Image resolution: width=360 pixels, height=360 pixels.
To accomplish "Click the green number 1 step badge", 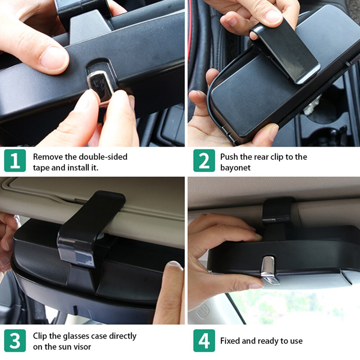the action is (x=15, y=161).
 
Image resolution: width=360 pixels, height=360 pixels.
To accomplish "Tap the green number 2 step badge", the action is (x=204, y=161).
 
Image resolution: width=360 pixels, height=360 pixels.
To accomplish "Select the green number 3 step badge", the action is (x=15, y=341).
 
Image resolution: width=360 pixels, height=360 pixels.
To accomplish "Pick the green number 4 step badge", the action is (x=204, y=341).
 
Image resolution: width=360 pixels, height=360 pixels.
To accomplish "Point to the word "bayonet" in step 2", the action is (x=235, y=168).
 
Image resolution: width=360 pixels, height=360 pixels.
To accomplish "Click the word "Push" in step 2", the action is (x=229, y=157).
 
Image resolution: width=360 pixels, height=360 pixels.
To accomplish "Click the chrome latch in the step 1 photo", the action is (x=100, y=85).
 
